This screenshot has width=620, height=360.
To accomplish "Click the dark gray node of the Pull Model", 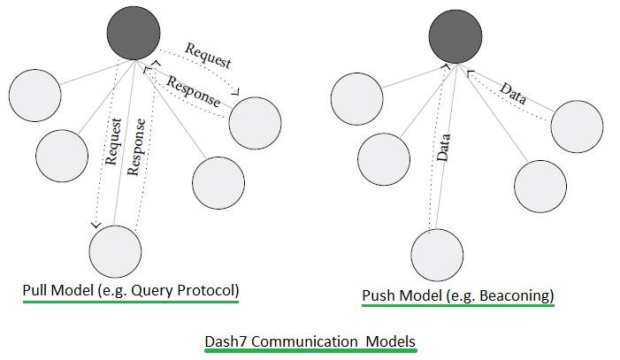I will (x=134, y=34).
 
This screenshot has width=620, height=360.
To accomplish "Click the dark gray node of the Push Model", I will (x=455, y=36).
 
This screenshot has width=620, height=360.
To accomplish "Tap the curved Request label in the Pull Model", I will (x=209, y=56).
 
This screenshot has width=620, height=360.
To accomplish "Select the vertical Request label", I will (x=112, y=142).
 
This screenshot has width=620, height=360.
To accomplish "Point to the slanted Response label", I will (x=193, y=91).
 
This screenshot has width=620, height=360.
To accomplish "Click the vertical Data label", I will (x=444, y=146).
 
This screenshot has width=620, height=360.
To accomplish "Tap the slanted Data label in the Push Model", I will (x=513, y=93).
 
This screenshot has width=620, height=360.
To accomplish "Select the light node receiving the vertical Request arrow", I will (x=116, y=250).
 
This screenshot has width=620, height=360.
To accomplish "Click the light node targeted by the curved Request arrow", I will (x=255, y=123).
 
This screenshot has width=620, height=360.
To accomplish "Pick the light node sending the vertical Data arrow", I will (x=437, y=253).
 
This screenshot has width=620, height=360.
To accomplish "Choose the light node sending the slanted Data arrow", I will (x=577, y=126).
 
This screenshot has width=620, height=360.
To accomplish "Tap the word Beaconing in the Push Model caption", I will (x=517, y=295).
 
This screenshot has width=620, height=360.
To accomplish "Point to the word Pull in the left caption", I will (x=36, y=290).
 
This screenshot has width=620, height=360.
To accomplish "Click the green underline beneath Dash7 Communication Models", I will (x=310, y=351).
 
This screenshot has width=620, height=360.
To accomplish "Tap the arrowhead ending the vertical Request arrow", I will (x=96, y=224).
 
